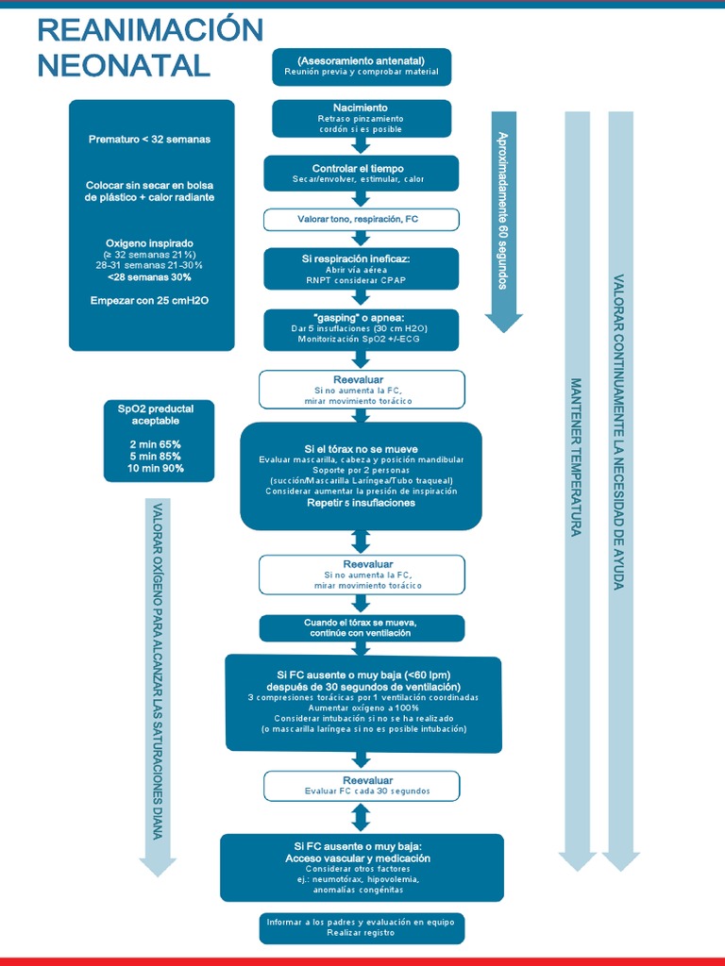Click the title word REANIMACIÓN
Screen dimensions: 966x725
(x=149, y=30)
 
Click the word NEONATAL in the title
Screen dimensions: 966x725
(x=124, y=65)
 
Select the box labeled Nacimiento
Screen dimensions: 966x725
(x=361, y=118)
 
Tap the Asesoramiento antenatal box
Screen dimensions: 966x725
(x=361, y=66)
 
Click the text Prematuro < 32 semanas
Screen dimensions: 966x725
(x=149, y=139)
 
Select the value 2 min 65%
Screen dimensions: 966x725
(x=156, y=443)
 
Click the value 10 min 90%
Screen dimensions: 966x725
(x=156, y=468)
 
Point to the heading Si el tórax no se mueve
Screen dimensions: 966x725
(x=361, y=448)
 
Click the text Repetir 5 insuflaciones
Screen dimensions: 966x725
(x=361, y=503)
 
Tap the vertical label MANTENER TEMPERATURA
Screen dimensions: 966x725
(x=575, y=458)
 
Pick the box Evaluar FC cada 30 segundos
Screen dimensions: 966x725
(x=362, y=786)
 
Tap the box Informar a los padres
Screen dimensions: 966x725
(x=362, y=927)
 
